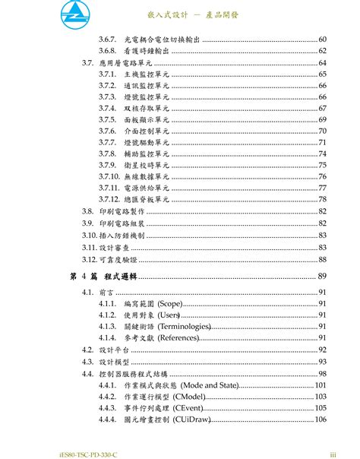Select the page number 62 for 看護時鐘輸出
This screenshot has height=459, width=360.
tap(322, 50)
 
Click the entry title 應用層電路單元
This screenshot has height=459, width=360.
tap(122, 62)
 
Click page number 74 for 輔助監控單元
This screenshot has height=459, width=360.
tap(322, 154)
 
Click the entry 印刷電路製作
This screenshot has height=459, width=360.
tap(122, 211)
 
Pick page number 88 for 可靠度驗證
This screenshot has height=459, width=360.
tap(322, 259)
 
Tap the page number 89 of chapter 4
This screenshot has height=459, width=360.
tap(322, 275)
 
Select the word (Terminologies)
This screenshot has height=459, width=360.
tap(188, 326)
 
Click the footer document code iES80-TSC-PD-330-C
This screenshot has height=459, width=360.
tap(49, 455)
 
